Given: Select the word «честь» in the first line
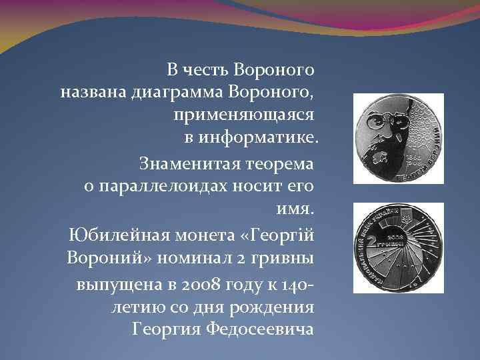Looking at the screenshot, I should (204, 68).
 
